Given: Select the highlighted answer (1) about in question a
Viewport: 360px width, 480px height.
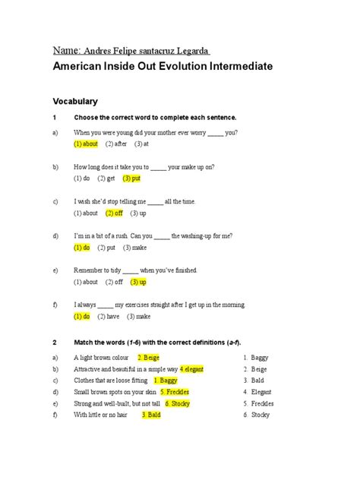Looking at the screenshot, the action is (x=86, y=144).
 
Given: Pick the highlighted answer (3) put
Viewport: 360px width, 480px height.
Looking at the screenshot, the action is (x=131, y=178).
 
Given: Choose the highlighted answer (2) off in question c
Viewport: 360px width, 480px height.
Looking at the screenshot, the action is (x=114, y=213).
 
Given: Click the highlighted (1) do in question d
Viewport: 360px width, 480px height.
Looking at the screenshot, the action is (x=82, y=248).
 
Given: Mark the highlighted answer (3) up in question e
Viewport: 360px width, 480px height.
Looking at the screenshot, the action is (x=137, y=282).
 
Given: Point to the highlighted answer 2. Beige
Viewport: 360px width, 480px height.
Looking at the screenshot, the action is (x=150, y=357).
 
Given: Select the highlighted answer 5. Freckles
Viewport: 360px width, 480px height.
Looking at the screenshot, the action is (x=175, y=392).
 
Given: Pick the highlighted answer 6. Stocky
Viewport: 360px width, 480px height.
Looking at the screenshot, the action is (x=177, y=403).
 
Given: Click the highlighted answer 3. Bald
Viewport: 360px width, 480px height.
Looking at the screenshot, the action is (x=151, y=415).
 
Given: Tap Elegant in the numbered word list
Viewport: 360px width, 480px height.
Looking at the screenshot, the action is (x=263, y=392).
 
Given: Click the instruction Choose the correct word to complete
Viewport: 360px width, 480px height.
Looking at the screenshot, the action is (x=155, y=118).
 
